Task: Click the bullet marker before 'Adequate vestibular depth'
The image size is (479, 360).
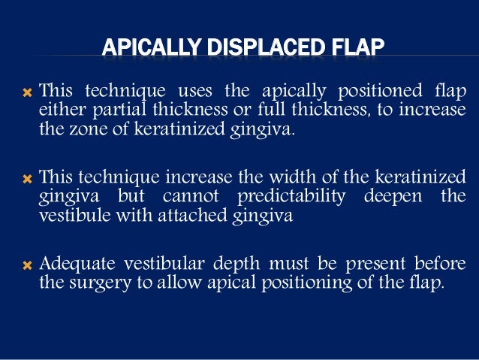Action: click(x=27, y=265)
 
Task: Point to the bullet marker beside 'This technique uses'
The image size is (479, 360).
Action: click(x=27, y=92)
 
